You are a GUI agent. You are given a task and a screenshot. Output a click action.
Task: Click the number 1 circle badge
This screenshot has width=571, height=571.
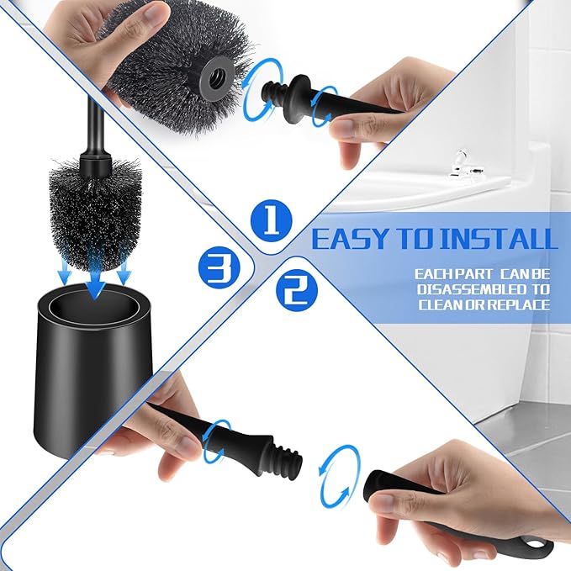pyautogui.click(x=271, y=221)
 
